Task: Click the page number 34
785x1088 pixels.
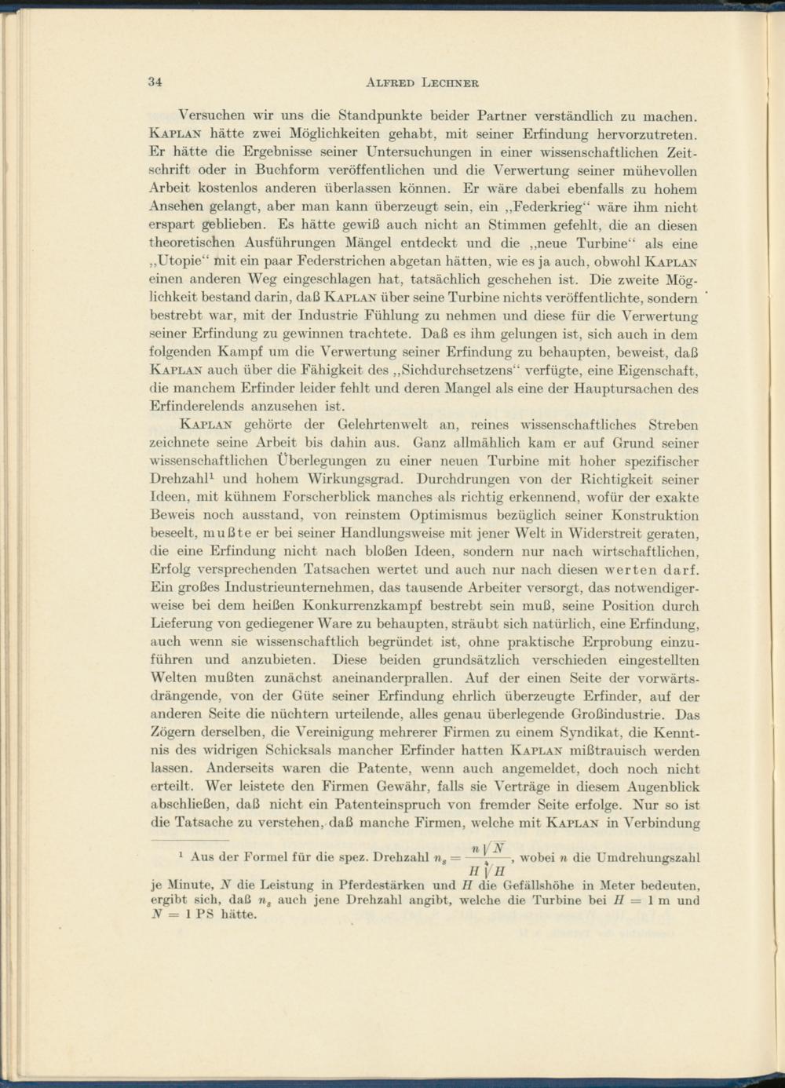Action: point(155,82)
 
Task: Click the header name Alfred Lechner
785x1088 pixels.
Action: point(422,82)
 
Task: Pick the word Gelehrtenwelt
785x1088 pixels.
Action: point(352,425)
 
